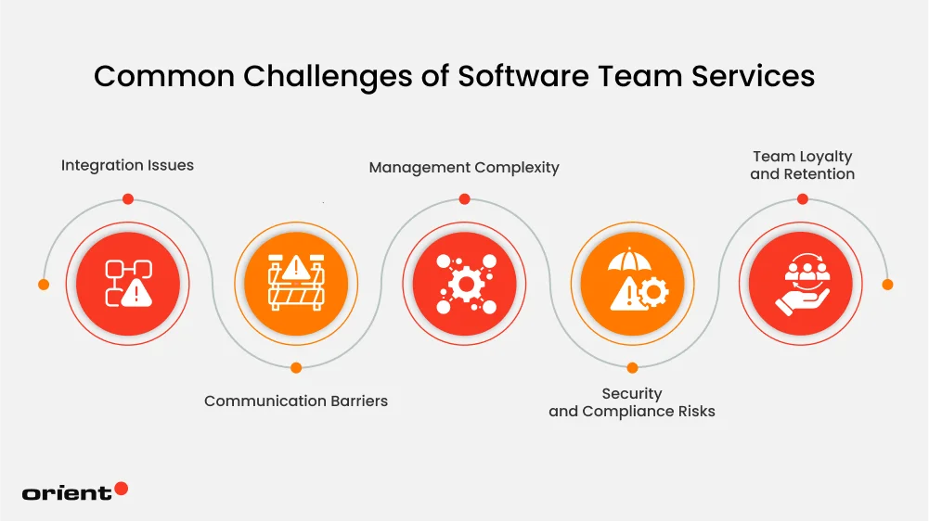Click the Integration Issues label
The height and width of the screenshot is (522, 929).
(x=127, y=166)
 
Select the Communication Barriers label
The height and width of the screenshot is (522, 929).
(x=296, y=401)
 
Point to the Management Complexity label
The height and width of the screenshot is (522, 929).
(x=464, y=168)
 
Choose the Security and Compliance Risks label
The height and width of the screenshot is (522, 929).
(x=632, y=402)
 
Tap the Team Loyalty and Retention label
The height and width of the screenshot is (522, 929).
(x=802, y=165)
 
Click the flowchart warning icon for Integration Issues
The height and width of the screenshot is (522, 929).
(x=128, y=284)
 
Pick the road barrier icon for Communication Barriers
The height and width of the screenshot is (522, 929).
(x=296, y=284)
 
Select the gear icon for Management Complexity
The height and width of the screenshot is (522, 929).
(x=464, y=284)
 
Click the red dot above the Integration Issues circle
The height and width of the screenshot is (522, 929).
(x=128, y=198)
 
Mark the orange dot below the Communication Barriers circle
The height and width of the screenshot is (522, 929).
(x=296, y=368)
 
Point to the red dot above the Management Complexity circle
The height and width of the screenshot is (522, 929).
(x=464, y=198)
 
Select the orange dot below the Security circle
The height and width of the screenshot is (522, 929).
(x=632, y=368)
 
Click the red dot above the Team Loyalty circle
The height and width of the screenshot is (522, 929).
(x=802, y=198)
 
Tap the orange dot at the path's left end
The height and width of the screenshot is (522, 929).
(x=44, y=285)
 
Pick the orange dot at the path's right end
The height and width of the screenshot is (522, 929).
(x=886, y=285)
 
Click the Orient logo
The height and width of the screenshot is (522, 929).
(x=74, y=492)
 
